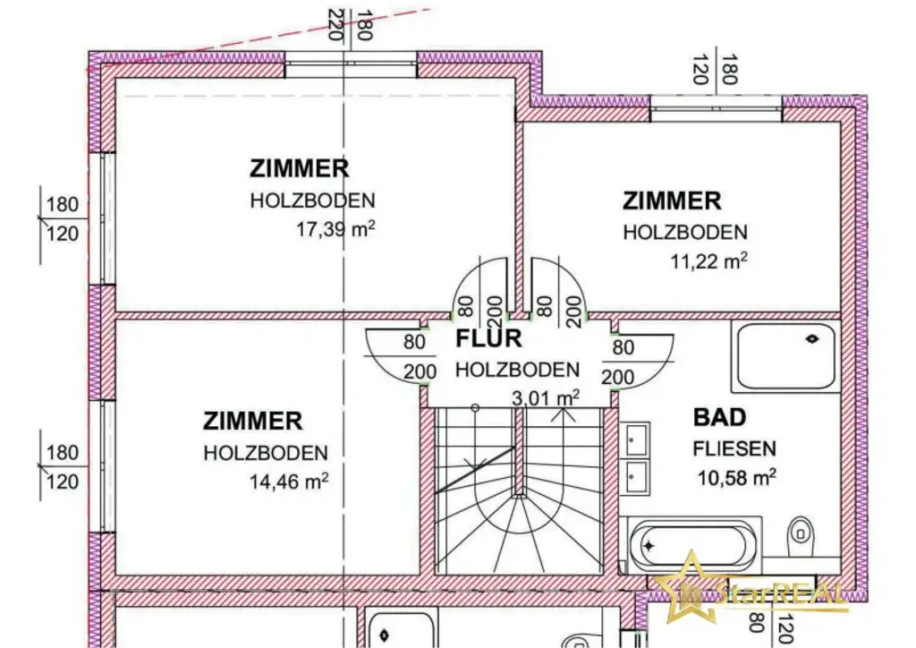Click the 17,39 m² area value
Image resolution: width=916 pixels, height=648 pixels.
point(335,229)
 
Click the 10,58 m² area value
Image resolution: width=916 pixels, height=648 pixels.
point(736,477)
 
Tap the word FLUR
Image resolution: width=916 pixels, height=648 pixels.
point(488,339)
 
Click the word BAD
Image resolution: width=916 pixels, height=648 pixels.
point(719,417)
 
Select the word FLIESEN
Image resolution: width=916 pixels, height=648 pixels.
point(734,448)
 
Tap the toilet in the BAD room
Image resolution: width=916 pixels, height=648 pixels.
point(801,540)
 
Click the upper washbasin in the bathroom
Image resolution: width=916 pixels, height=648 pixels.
point(637,440)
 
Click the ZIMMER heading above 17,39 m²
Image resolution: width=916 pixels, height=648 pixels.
point(299,168)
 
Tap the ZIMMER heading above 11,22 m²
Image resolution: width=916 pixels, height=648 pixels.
point(672,200)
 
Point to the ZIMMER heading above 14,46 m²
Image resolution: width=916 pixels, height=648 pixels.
point(252,420)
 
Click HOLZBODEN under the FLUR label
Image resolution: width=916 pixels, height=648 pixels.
point(517,369)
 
